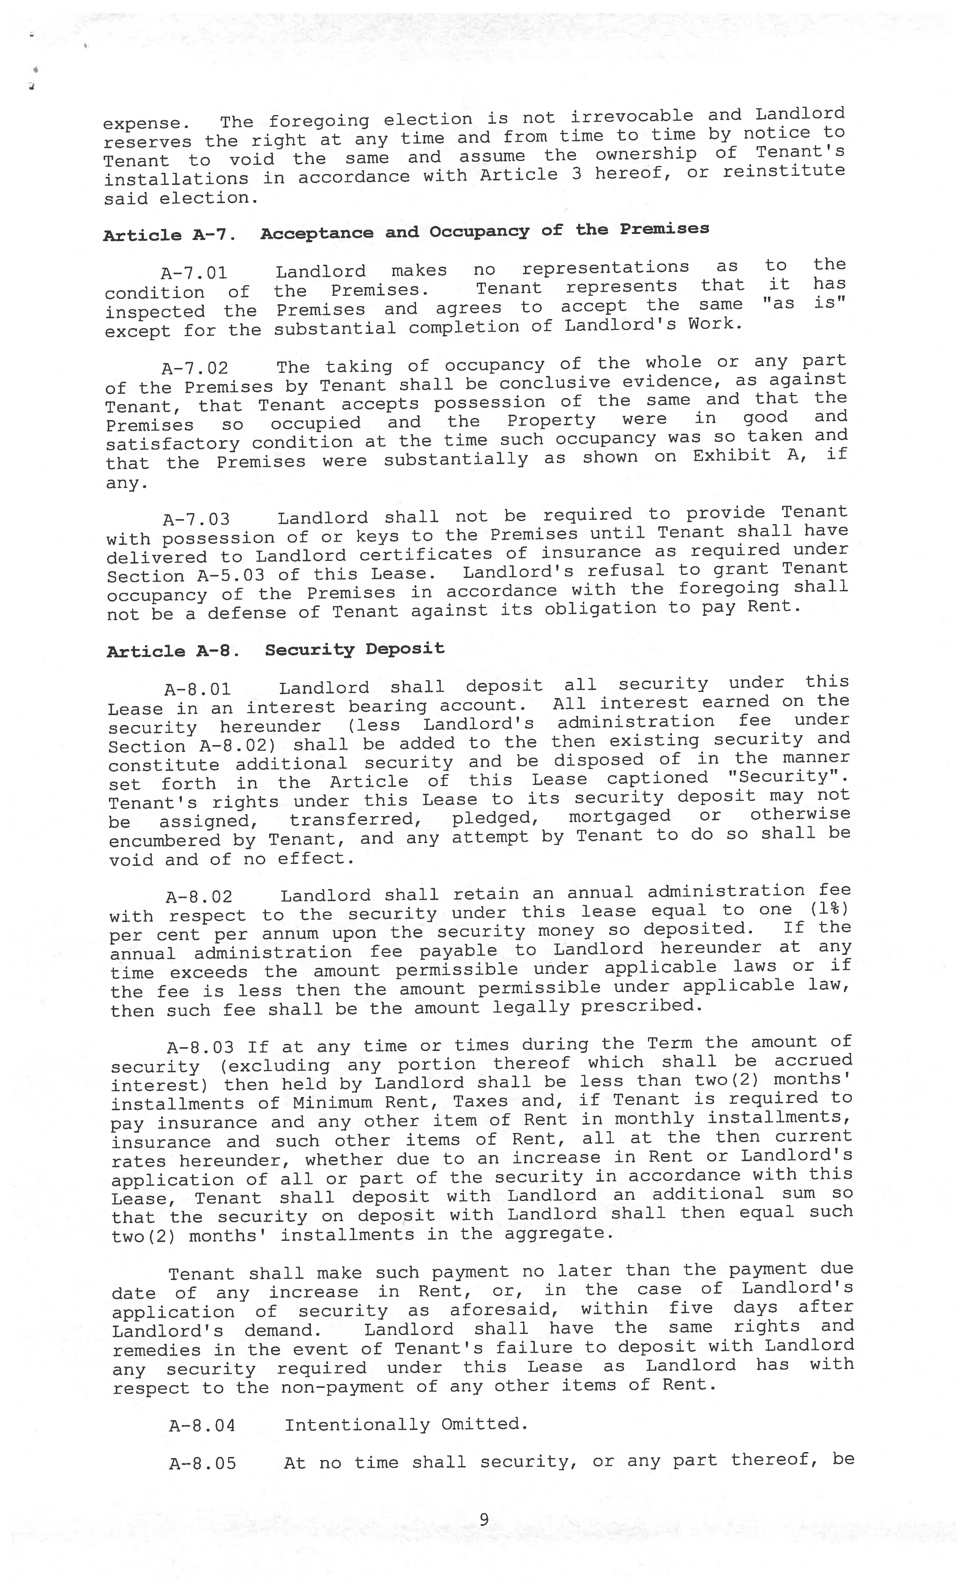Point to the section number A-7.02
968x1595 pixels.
[195, 368]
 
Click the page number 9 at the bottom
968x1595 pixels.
[484, 1519]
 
